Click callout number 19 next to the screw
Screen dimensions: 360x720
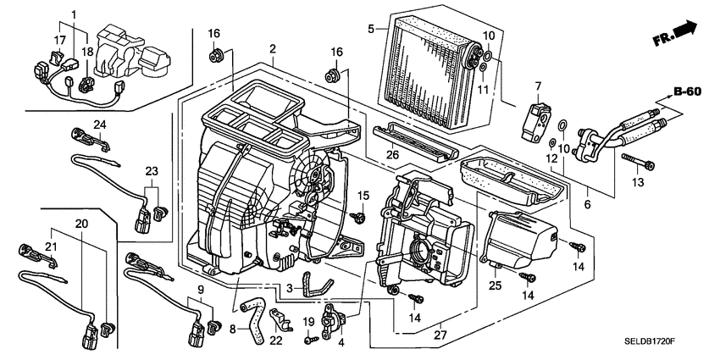click(309, 321)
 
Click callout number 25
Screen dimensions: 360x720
click(496, 286)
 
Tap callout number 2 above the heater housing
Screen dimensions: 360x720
click(272, 49)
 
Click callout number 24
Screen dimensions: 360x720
click(98, 126)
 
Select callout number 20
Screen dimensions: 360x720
click(81, 224)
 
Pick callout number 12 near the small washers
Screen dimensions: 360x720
click(551, 158)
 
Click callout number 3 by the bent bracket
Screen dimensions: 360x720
click(290, 289)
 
